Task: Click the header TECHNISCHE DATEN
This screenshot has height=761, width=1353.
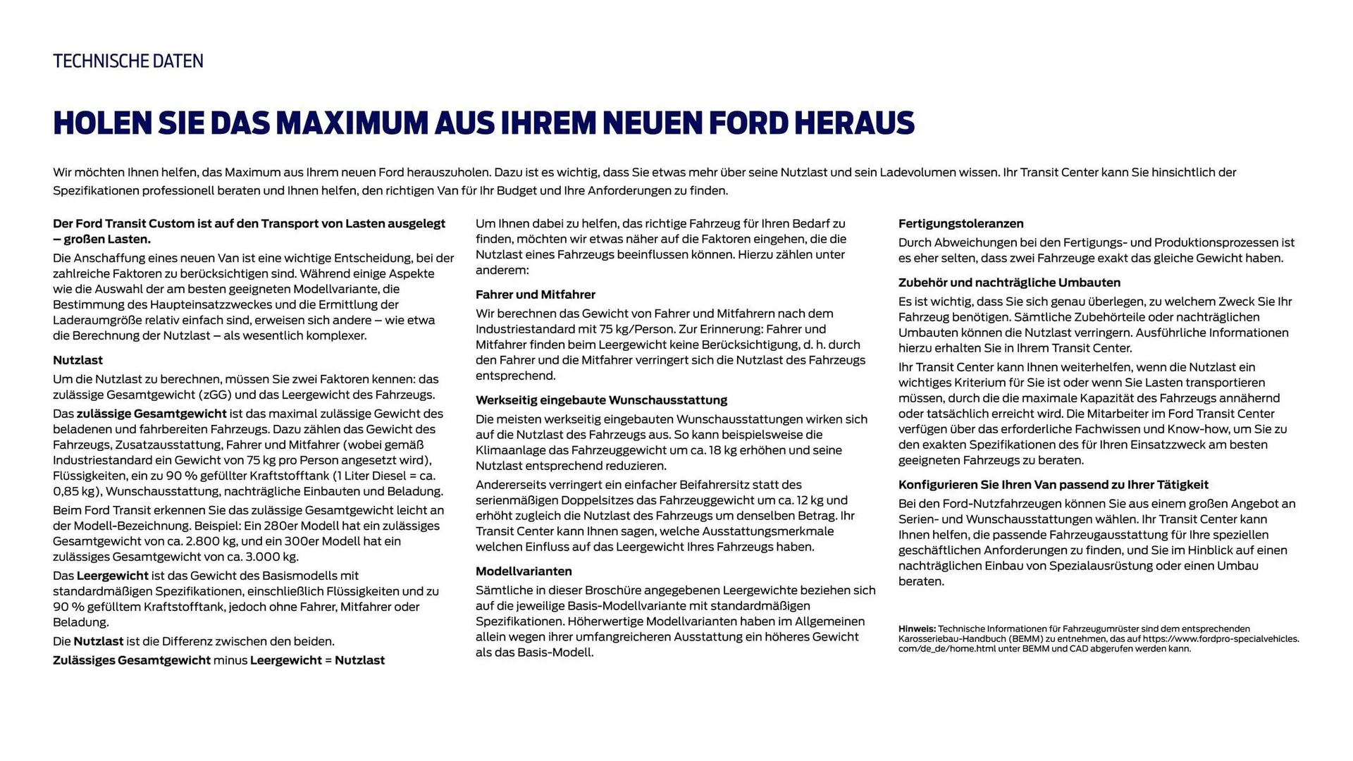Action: [x=128, y=61]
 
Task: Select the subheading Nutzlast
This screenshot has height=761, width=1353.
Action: [x=78, y=360]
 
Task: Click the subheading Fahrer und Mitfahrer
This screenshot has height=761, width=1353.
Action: [x=535, y=295]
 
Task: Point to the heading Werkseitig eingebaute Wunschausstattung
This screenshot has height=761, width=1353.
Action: [x=601, y=400]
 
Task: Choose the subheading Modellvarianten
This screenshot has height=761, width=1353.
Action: [x=524, y=571]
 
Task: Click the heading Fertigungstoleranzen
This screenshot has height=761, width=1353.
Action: [x=960, y=223]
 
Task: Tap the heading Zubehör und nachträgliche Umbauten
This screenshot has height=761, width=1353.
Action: [x=1009, y=283]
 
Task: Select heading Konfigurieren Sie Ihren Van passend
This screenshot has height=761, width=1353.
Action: [x=1053, y=485]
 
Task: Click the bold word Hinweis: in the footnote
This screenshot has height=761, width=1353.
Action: [x=917, y=629]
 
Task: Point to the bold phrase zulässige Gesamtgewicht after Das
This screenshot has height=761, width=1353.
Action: [x=152, y=414]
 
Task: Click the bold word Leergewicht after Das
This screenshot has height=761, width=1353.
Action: [x=112, y=576]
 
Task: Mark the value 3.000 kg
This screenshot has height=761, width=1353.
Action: [x=271, y=557]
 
